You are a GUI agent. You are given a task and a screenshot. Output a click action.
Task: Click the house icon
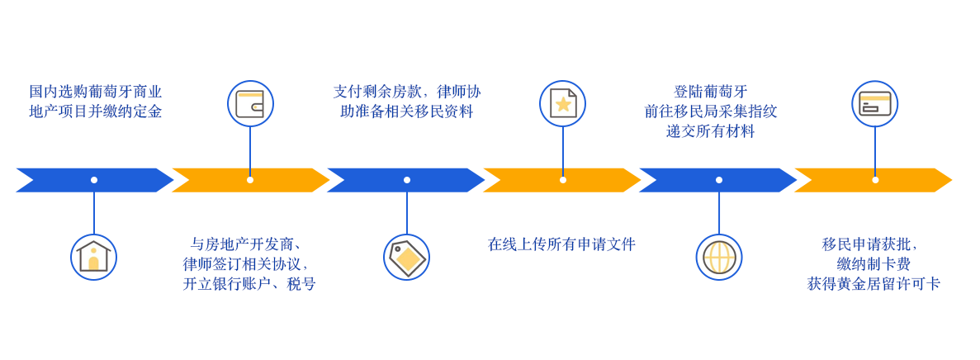click(93, 257)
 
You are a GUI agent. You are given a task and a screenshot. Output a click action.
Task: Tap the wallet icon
click(250, 104)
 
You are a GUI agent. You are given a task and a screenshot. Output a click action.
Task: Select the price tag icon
click(406, 257)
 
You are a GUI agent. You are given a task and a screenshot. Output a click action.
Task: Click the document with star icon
click(562, 104)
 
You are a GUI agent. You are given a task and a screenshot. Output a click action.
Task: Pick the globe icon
click(719, 257)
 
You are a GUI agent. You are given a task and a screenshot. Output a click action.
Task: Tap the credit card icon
click(874, 104)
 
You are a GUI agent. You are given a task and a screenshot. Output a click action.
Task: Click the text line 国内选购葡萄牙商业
click(96, 92)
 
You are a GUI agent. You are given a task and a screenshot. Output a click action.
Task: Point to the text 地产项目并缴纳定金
click(96, 111)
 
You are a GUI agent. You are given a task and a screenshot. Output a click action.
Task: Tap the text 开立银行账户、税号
click(249, 284)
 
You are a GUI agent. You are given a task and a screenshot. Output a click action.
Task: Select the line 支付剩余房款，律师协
click(406, 92)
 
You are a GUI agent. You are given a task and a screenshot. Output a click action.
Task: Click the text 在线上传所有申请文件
click(561, 244)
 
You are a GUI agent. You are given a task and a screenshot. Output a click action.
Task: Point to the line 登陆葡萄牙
click(710, 92)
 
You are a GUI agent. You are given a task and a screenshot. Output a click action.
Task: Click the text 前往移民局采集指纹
click(710, 111)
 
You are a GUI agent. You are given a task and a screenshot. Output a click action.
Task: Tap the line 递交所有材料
click(710, 131)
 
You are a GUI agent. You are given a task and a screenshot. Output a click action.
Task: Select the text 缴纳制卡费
click(873, 264)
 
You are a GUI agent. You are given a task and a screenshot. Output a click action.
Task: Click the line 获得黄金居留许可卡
click(873, 284)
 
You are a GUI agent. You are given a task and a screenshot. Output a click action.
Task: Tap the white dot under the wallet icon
click(250, 180)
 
